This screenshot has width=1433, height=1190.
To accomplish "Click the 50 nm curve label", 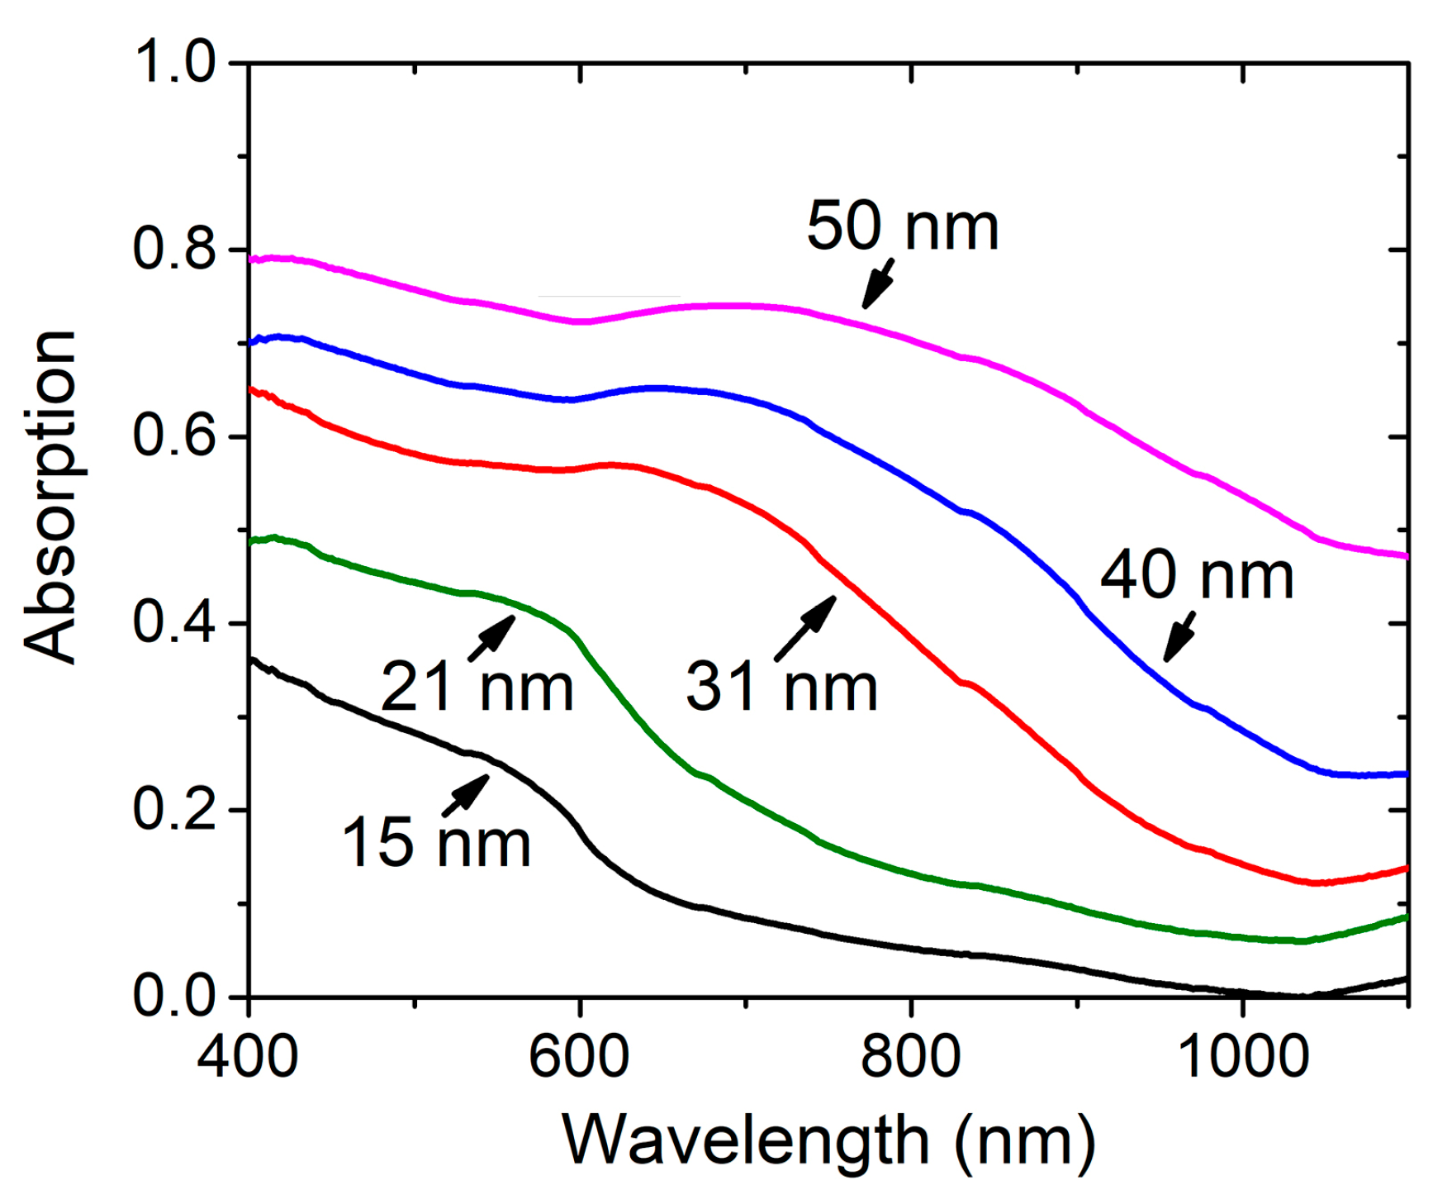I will [902, 226].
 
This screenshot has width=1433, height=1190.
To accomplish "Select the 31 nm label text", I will [781, 687].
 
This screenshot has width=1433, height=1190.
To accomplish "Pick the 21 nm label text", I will [477, 687].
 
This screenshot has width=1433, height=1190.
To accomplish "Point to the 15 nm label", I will [435, 843].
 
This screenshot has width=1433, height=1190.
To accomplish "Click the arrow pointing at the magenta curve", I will [878, 283].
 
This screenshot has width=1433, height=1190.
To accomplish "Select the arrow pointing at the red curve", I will [805, 628].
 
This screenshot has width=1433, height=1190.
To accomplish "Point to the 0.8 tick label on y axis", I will [174, 248].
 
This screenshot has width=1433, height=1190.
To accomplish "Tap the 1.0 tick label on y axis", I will [174, 62].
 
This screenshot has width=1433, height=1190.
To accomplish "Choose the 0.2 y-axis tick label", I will [174, 809].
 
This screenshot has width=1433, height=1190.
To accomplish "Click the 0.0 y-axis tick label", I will [174, 996].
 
